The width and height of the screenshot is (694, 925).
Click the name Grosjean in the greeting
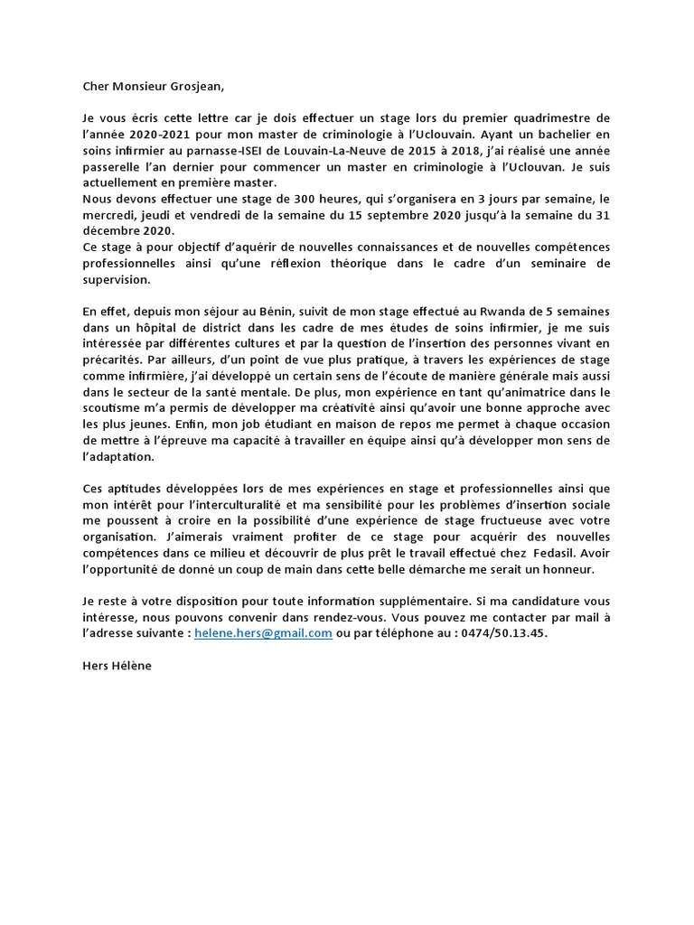(x=190, y=87)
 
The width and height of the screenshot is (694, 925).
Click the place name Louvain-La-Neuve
(x=349, y=151)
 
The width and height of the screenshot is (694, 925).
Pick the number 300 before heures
(x=258, y=199)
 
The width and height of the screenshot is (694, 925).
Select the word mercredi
(x=109, y=215)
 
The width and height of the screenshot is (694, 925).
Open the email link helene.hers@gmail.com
(x=263, y=633)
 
